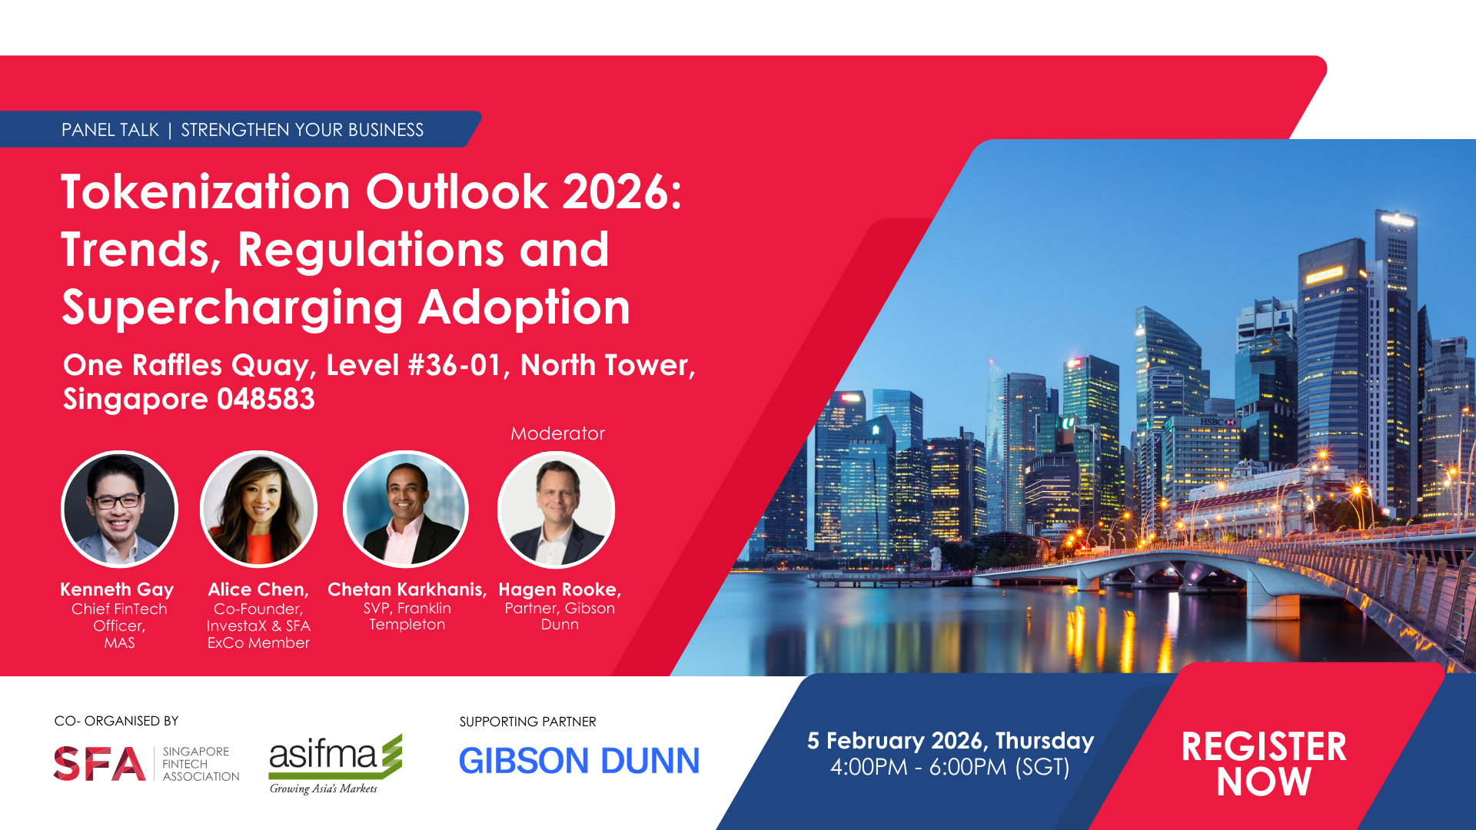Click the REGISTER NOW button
1264,764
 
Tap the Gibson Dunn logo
579,761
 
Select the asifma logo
335,764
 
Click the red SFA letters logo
99,764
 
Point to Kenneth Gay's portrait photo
119,509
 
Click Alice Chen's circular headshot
258,509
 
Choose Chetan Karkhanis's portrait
406,509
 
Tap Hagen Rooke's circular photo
556,509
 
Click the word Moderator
558,433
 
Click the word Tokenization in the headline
206,191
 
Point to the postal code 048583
266,399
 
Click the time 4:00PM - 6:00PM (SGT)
950,767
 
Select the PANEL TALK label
110,130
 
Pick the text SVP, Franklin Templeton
407,616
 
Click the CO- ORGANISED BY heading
116,721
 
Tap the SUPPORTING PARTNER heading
527,722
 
